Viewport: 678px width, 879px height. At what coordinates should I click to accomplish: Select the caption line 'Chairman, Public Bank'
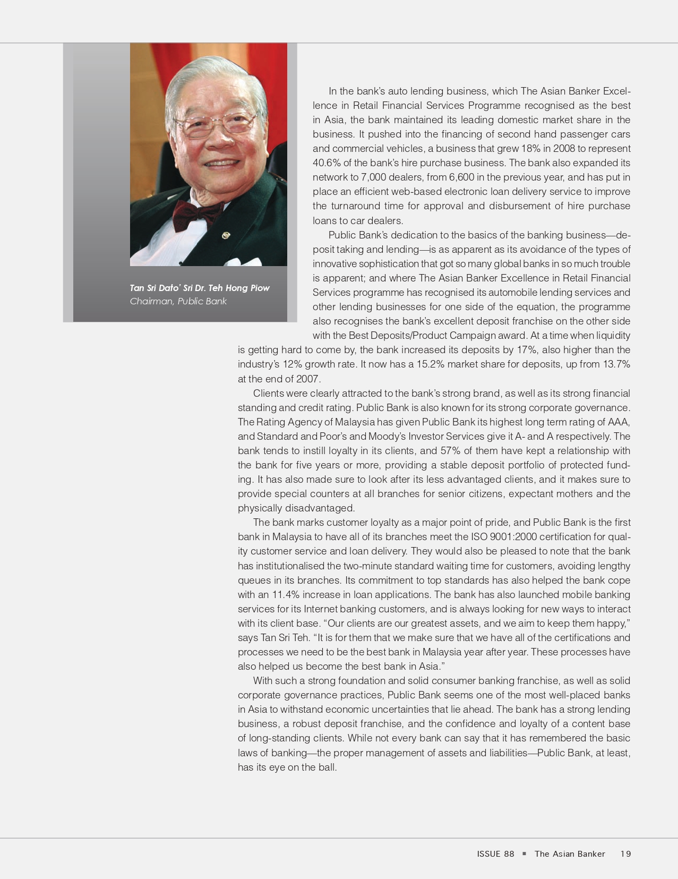point(178,301)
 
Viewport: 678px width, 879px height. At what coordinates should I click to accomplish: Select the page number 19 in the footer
point(625,854)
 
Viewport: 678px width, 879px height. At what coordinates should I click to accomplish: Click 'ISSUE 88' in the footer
point(495,854)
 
